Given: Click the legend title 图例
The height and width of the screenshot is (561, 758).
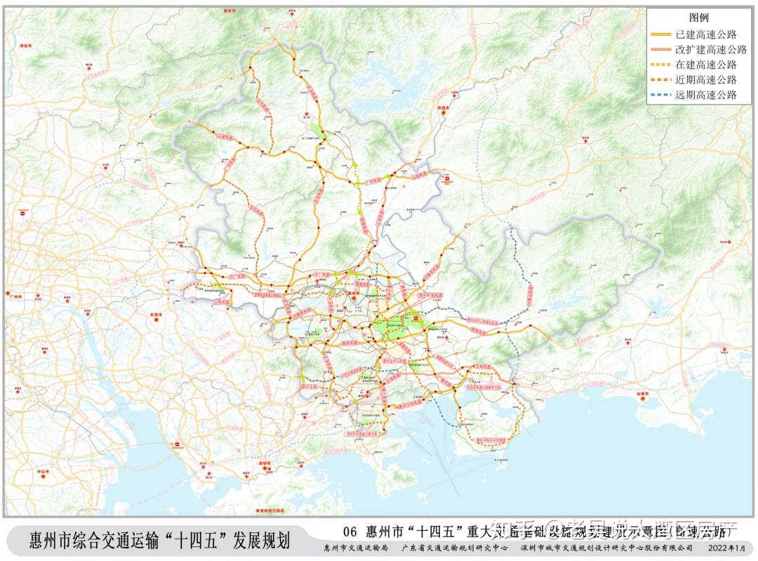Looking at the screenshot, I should coord(700,17).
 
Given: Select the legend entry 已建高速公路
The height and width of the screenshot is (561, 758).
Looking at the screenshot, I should coord(711,34).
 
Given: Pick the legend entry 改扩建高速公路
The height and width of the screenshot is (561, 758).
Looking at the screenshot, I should coord(711,49).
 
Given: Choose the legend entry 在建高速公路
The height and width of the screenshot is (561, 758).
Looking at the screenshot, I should coord(711,65).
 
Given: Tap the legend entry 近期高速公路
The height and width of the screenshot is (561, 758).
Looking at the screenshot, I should coord(711,80).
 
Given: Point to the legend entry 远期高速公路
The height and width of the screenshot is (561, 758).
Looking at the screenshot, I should coord(711,95).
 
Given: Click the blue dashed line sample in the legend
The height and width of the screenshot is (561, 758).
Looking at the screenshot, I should coord(661,95).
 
